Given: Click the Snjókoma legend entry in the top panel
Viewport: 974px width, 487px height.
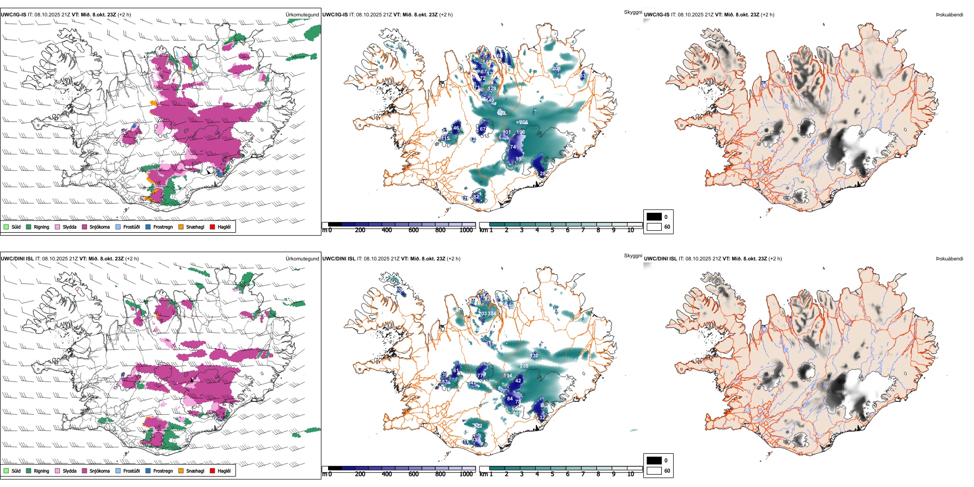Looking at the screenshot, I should point(99,227).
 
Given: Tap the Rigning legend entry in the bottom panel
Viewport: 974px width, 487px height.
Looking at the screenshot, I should point(41,471).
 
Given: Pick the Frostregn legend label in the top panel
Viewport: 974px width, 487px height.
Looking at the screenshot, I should point(163,227).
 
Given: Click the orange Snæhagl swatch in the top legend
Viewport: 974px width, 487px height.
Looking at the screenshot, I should point(181,227).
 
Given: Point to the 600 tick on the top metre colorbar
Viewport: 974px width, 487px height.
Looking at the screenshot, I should point(414,230).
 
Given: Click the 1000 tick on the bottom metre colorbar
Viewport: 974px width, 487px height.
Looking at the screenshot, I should point(466,474).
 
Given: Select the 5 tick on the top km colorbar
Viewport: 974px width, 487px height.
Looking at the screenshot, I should point(552,230).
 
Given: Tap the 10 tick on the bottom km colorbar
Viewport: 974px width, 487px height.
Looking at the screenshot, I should point(631,474).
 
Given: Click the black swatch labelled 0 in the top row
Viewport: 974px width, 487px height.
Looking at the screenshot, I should point(654,216).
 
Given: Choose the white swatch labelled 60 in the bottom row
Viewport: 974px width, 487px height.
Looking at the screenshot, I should point(654,471).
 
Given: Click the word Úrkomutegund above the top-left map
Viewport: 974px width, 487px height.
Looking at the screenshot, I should point(302,14).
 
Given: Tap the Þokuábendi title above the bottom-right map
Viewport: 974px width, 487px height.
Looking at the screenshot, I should point(949,258).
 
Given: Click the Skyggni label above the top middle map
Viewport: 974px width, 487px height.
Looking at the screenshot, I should point(633,12).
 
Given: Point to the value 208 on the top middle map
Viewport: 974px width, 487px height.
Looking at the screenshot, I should point(556,68).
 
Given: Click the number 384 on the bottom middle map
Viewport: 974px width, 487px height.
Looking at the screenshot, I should point(492,313).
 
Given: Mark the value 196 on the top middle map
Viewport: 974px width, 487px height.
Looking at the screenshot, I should point(520,132).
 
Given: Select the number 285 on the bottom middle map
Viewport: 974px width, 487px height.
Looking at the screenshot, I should point(524,366).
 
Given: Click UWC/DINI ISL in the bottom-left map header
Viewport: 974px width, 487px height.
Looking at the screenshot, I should point(17,258).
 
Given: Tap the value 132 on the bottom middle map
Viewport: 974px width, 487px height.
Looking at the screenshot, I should point(534,355).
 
